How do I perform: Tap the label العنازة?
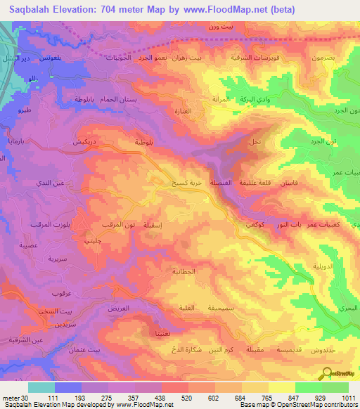coord(178,111)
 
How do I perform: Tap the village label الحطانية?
coord(184,271)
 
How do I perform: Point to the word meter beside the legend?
coord(11,398)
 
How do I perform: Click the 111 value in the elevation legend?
coord(52,398)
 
